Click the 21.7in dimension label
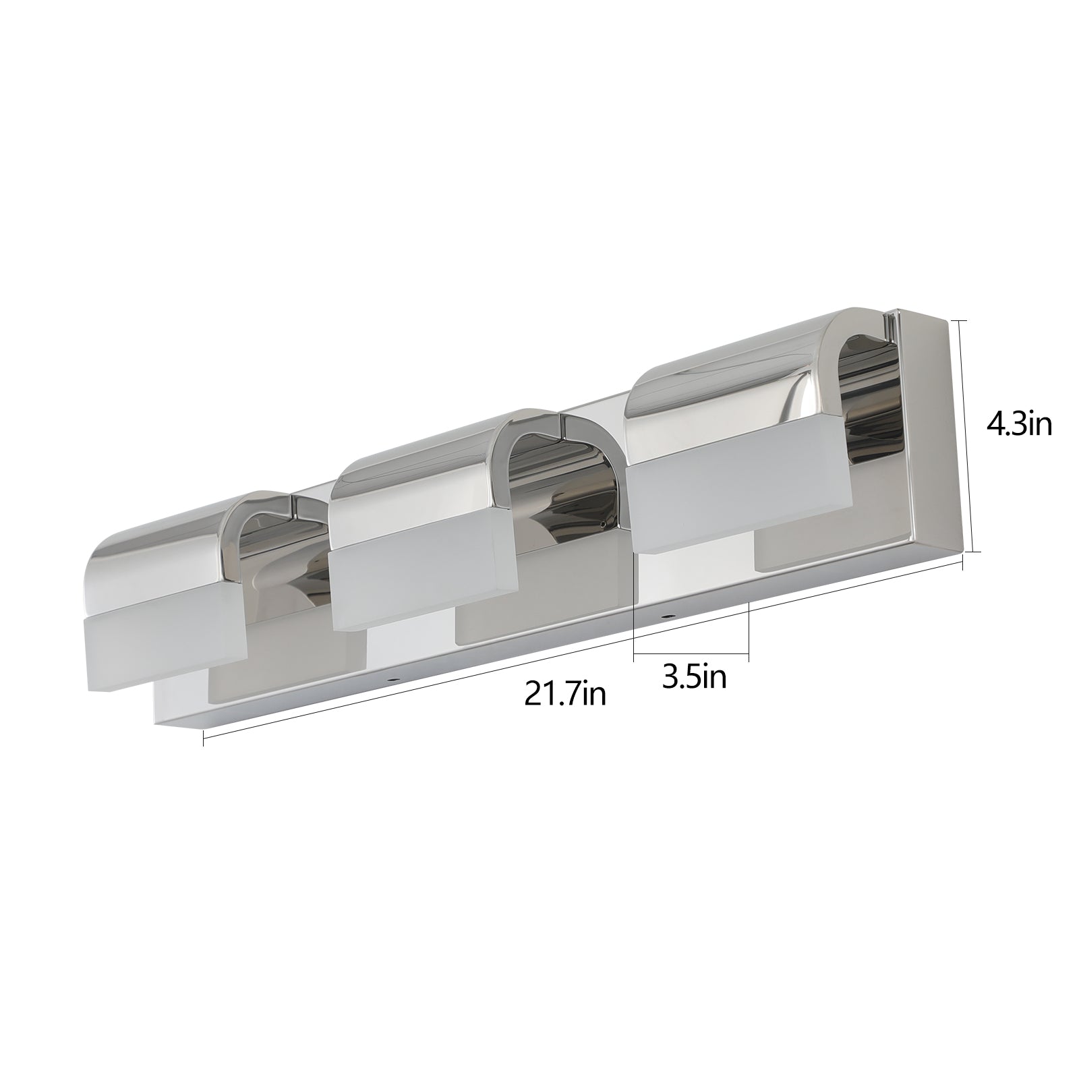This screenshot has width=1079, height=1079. point(565,694)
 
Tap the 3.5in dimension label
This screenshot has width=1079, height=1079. point(694,677)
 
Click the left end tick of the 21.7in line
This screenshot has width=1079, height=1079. point(204,740)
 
